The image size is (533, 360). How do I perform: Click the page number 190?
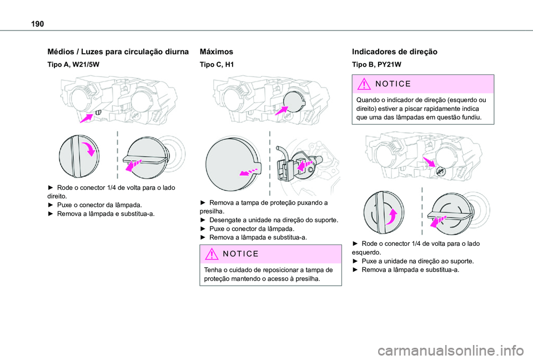(37, 24)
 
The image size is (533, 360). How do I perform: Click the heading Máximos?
(217, 52)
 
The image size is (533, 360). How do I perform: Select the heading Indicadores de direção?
(395, 52)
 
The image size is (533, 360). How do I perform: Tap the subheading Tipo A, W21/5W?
(73, 64)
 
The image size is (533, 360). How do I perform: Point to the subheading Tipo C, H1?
(217, 64)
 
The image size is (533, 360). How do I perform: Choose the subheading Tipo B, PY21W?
(376, 64)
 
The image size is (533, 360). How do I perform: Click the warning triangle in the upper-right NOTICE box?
(364, 84)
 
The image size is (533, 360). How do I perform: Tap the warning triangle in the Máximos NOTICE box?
(212, 254)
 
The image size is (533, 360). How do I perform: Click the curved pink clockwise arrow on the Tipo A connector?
(88, 149)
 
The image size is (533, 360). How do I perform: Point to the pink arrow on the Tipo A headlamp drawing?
(87, 118)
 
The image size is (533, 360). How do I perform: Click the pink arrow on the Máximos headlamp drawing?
(281, 110)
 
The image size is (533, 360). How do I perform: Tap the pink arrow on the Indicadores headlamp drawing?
(429, 161)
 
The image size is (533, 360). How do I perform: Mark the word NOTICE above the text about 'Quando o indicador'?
(393, 84)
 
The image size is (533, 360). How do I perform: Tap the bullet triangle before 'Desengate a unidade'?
(203, 220)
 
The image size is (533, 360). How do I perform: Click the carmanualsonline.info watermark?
(455, 350)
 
